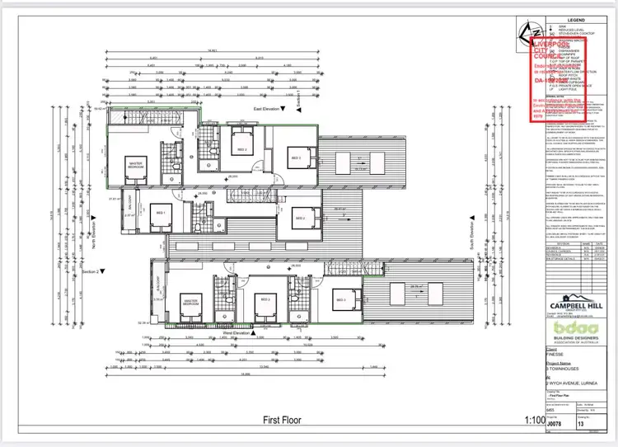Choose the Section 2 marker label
(91, 271)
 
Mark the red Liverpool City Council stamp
(557, 78)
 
